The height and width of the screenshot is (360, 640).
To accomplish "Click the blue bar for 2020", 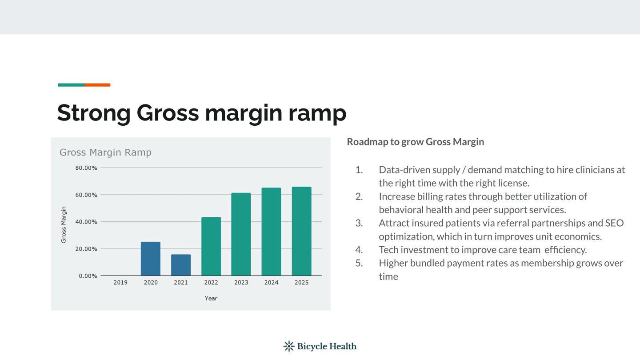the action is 151,259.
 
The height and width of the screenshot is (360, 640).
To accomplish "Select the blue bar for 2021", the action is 181,265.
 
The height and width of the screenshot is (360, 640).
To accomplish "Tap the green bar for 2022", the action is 211,247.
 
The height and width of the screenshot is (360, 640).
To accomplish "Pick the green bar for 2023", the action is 241,234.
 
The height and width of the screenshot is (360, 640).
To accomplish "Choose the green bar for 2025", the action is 301,232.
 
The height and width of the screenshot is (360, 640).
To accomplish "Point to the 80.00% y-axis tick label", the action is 86,168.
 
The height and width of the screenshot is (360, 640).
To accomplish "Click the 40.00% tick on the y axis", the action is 86,222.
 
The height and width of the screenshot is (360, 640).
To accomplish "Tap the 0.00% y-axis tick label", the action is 88,276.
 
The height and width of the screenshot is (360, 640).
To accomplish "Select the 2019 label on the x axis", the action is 120,283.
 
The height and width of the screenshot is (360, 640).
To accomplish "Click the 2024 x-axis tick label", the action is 272,283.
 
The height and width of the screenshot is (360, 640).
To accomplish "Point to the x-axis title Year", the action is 211,298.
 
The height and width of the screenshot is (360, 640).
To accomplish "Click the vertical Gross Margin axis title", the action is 64,225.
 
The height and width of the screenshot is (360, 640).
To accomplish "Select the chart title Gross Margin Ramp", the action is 105,152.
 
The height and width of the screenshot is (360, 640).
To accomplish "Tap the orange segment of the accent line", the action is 97,85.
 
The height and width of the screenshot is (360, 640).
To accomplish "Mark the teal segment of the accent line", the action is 71,85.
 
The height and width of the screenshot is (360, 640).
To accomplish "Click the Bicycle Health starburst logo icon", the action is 289,346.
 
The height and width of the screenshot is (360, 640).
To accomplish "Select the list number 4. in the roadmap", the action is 359,250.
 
